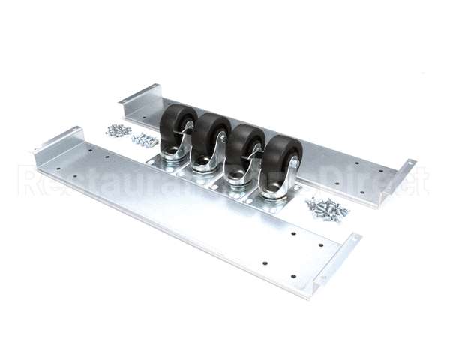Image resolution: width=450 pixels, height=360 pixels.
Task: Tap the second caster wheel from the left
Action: pos(211,136)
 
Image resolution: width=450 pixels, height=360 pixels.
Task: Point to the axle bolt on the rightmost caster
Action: pos(292,163)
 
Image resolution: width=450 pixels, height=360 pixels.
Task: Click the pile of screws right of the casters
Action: pos(328,208)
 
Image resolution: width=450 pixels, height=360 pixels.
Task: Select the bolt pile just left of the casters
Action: pos(143,139)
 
